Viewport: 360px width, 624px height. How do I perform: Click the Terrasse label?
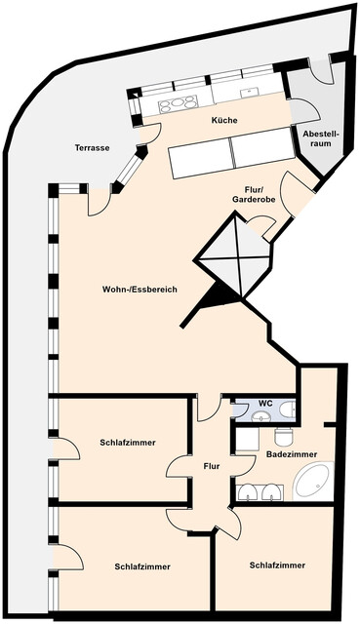[x=92, y=148]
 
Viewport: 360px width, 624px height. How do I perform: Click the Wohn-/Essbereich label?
[x=140, y=290]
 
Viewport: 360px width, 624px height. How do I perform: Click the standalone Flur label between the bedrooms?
[x=212, y=466]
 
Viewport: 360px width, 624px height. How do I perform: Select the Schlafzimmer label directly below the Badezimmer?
[x=277, y=565]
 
